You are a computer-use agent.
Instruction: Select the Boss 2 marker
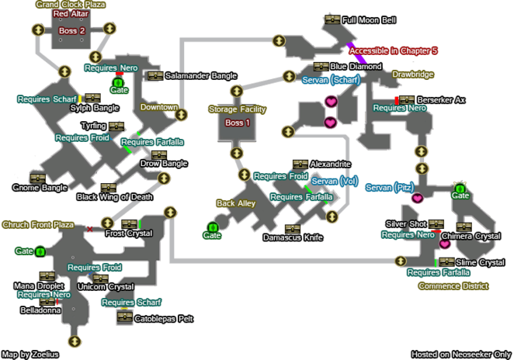click(72, 30)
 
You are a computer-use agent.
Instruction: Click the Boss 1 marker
click(237, 123)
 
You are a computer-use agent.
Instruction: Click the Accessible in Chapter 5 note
click(394, 50)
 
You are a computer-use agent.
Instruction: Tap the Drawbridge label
click(412, 75)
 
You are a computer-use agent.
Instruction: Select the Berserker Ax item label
click(441, 100)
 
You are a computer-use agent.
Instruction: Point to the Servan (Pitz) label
click(388, 188)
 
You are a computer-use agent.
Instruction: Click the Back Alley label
click(236, 203)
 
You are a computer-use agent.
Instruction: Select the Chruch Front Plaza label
click(38, 225)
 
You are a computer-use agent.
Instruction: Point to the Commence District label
click(453, 286)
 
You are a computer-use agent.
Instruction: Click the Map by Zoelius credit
click(31, 354)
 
